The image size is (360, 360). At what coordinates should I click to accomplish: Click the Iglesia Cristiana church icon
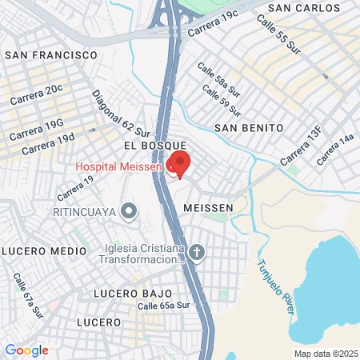197,254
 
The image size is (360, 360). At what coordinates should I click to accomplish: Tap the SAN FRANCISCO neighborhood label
51,55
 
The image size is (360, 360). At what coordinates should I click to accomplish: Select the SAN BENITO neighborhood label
249,127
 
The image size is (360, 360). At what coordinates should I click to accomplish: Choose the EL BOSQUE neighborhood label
149,145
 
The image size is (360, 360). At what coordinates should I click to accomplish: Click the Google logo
26,350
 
